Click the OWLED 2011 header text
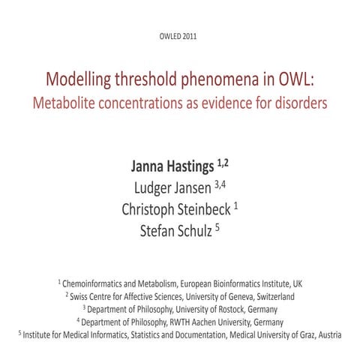179,37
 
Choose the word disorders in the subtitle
300,103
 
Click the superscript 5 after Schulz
217,225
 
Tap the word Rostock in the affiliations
235,309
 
